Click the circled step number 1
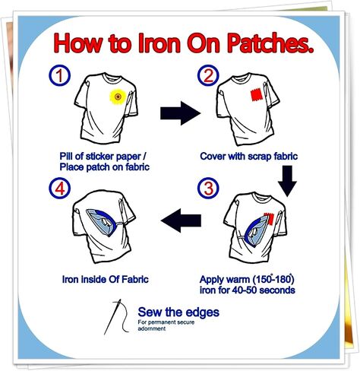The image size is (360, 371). [x=59, y=75]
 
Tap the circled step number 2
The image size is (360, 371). [x=208, y=75]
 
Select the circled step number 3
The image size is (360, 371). [x=208, y=188]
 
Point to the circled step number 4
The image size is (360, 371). [x=60, y=188]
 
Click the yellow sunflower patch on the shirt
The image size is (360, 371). [x=118, y=97]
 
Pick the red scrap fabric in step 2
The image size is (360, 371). [x=257, y=95]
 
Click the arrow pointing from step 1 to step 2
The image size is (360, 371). [x=180, y=113]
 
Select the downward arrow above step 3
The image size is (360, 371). [x=287, y=181]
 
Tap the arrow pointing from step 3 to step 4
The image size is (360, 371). [x=181, y=220]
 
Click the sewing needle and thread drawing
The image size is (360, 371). [x=117, y=317]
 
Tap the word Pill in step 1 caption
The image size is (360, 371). [x=66, y=156]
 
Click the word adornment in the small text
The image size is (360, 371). [x=152, y=328]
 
